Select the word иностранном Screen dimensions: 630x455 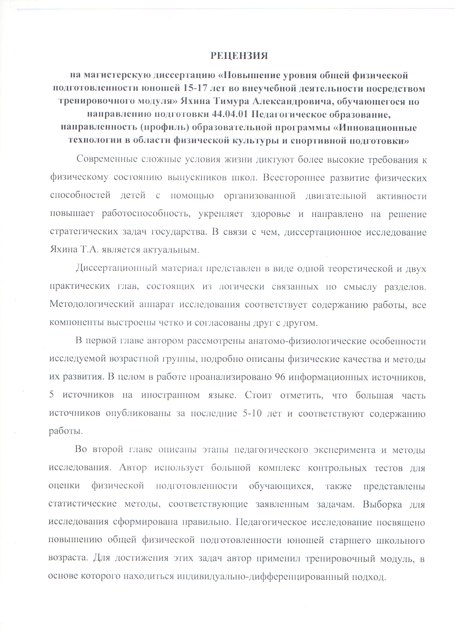click(170, 396)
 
